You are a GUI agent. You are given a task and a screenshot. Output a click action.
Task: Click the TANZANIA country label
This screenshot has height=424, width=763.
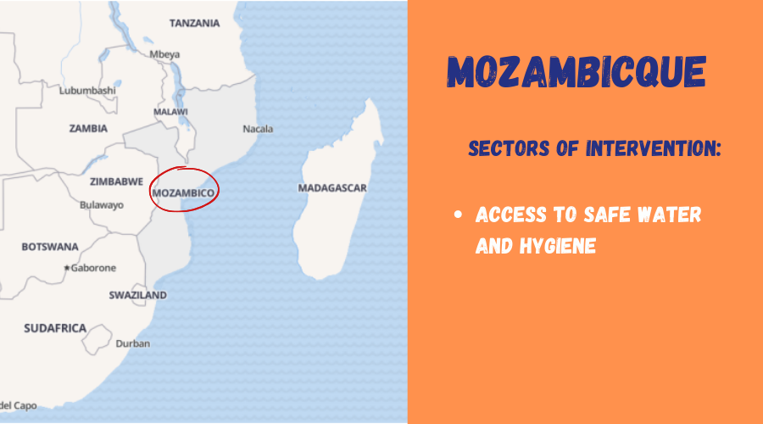coord(195,24)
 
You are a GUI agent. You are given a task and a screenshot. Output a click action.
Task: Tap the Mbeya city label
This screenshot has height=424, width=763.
coord(164,54)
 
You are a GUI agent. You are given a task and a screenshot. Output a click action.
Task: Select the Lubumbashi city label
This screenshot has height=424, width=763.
coord(87,91)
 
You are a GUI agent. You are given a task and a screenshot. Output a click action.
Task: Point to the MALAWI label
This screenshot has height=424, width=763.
coord(170,112)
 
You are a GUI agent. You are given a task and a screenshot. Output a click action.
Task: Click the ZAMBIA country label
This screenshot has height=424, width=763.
coord(88,129)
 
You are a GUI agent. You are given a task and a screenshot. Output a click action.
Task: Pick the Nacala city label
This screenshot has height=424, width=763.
coord(258,129)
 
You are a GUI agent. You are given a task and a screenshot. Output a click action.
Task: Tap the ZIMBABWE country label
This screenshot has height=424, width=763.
coord(116,181)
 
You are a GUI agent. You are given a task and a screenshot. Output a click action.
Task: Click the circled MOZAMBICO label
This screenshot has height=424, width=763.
coord(183,193)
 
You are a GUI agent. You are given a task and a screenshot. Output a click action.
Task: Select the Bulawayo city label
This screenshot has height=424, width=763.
coord(102,205)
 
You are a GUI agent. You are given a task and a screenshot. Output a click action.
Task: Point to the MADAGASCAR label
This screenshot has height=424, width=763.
coord(332,188)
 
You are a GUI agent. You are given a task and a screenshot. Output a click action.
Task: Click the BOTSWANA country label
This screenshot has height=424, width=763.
coord(50,247)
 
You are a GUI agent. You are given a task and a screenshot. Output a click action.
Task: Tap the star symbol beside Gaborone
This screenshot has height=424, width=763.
coord(67,268)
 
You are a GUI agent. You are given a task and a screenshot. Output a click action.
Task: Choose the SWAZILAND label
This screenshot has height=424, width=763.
coord(137,295)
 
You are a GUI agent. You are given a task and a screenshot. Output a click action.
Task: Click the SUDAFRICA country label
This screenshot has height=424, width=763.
coord(55,328)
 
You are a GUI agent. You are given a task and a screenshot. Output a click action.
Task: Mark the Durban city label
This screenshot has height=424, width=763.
coord(133,343)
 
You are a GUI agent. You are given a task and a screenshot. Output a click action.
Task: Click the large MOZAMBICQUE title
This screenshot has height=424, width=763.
coord(576,71)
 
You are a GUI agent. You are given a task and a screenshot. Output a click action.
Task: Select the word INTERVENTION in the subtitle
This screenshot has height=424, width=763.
coord(653,148)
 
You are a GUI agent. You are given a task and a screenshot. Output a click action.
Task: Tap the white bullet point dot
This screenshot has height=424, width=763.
coord(458,215)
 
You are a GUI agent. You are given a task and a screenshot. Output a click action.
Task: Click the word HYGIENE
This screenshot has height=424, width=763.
coord(558,246)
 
